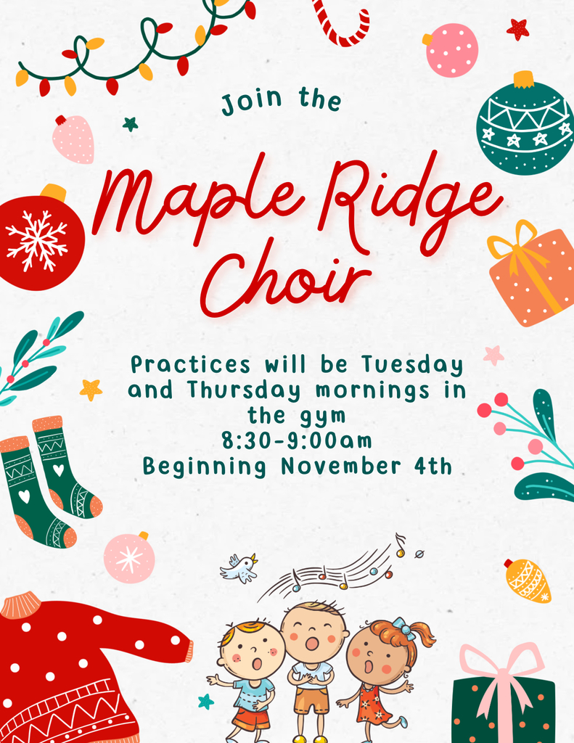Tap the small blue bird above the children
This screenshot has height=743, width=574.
[x=240, y=567]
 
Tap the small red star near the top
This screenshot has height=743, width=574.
[x=517, y=29]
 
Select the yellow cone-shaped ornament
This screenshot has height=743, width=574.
[x=528, y=580]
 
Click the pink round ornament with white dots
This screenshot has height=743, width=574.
[x=451, y=49]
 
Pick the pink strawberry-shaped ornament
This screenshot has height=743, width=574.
[x=74, y=139]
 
